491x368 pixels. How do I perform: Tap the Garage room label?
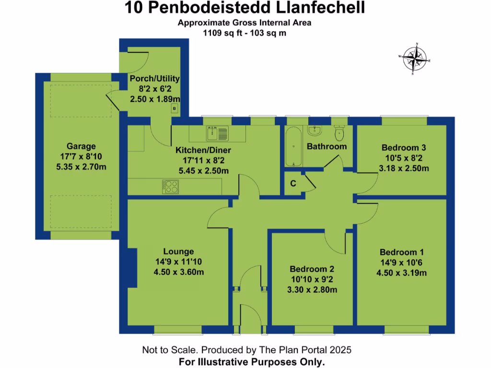click(81, 147)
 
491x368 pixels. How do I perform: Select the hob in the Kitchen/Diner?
click(170, 185)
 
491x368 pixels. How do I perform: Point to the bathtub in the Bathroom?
click(292, 146)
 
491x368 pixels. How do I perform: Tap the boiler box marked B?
click(174, 109)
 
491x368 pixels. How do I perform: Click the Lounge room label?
click(178, 252)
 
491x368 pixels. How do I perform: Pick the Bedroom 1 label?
click(402, 253)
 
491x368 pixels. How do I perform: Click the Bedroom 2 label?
click(312, 269)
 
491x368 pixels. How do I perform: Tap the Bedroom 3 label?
click(404, 148)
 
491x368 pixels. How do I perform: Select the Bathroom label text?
click(327, 147)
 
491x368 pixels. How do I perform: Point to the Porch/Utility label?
click(155, 79)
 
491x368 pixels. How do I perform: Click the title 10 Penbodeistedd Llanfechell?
click(245, 8)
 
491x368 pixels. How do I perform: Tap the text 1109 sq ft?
click(221, 33)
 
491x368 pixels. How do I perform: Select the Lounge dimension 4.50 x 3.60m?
click(178, 273)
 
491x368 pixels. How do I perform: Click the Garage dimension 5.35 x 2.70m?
click(81, 167)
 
